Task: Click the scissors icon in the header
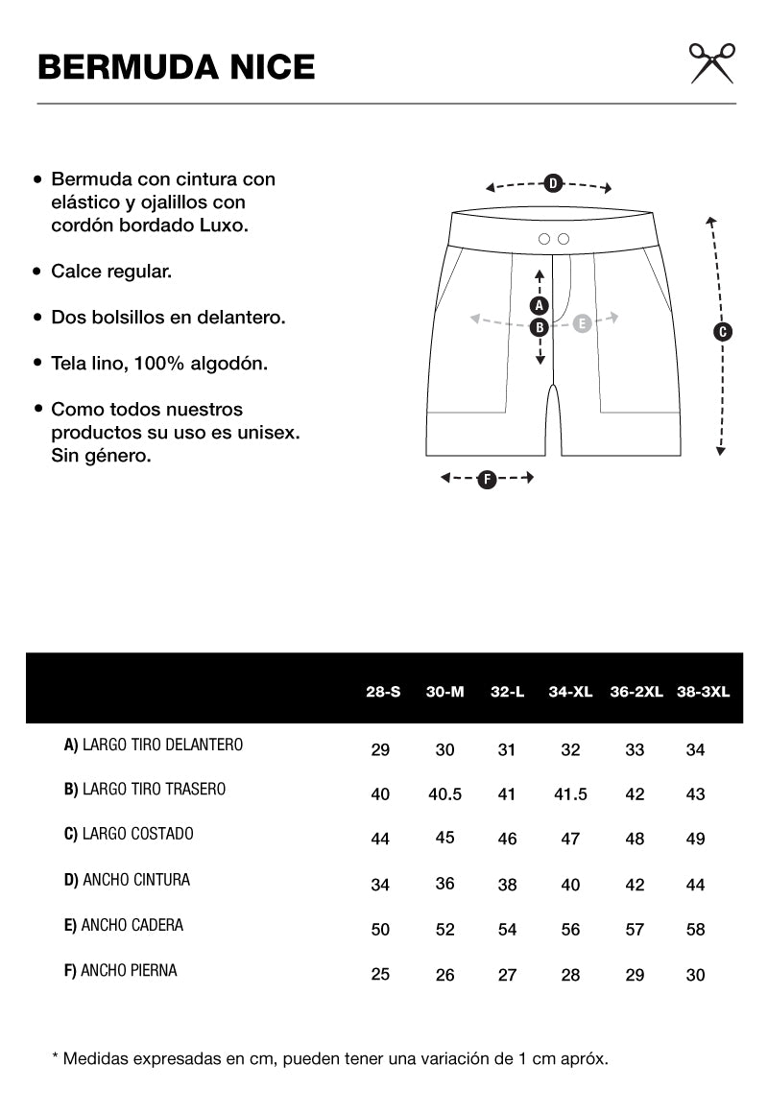(x=712, y=63)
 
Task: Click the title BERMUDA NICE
(x=176, y=67)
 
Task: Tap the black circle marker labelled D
(x=553, y=183)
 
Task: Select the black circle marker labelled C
(x=723, y=332)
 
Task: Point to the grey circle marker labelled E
(x=581, y=323)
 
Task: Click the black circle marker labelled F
(x=487, y=479)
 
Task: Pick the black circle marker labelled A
(x=540, y=306)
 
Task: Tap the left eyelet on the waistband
(x=544, y=238)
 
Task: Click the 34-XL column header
(x=570, y=691)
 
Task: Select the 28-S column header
(x=383, y=691)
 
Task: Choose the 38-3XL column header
(x=704, y=691)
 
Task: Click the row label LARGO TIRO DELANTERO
(x=154, y=745)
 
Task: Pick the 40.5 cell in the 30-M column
(x=444, y=794)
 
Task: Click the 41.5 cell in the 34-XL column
(x=570, y=794)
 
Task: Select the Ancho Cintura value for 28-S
(x=380, y=885)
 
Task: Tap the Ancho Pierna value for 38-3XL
(x=696, y=975)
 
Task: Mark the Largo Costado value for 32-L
(x=507, y=840)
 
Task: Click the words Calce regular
(x=111, y=272)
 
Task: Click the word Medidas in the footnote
(x=94, y=1058)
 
